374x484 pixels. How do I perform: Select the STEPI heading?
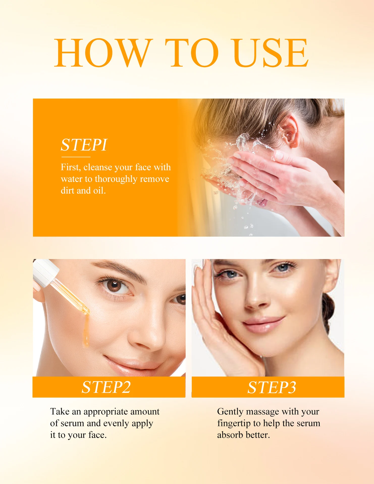pyautogui.click(x=84, y=145)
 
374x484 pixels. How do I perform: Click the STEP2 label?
pyautogui.click(x=106, y=387)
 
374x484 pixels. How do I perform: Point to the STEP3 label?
pyautogui.click(x=272, y=387)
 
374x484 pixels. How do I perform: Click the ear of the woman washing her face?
pyautogui.click(x=290, y=131)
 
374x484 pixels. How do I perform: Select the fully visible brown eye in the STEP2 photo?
pyautogui.click(x=115, y=286)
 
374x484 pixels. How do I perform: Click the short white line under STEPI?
pyautogui.click(x=75, y=157)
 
